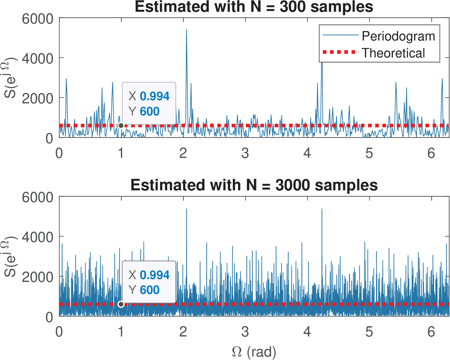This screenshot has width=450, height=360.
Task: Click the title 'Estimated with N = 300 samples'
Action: pyautogui.click(x=254, y=7)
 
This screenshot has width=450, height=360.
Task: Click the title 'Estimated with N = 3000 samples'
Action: pyautogui.click(x=254, y=185)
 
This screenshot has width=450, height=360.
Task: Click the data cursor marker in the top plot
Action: pyautogui.click(x=121, y=125)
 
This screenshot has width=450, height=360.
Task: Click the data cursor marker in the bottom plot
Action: pyautogui.click(x=121, y=304)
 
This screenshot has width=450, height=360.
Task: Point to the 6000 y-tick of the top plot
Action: pyautogui.click(x=38, y=19)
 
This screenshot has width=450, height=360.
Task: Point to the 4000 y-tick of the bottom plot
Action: pyautogui.click(x=38, y=237)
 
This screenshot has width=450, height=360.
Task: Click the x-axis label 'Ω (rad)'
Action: pyautogui.click(x=254, y=352)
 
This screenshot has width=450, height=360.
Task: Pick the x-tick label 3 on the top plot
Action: pyautogui.click(x=245, y=153)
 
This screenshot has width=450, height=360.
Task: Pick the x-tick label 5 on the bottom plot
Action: pyautogui.click(x=369, y=332)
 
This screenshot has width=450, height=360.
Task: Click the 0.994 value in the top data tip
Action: pyautogui.click(x=155, y=96)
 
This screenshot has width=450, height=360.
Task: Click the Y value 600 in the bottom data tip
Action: pyautogui.click(x=150, y=290)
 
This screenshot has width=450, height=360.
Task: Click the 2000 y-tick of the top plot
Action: pyautogui.click(x=38, y=99)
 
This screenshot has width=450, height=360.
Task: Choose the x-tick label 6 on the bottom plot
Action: pyautogui.click(x=431, y=332)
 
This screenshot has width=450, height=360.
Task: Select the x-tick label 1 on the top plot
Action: pyautogui.click(x=121, y=153)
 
